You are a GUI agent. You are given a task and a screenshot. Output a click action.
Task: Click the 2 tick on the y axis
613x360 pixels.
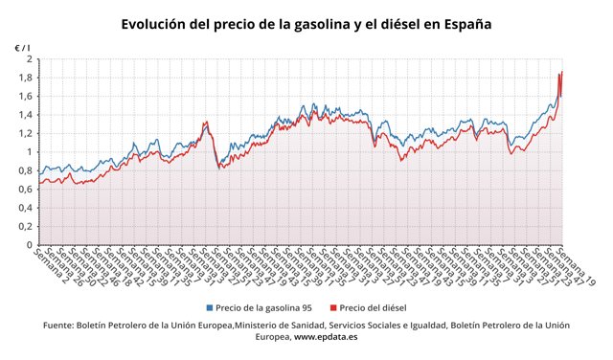29,59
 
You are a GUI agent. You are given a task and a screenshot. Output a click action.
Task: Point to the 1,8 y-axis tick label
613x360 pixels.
25,78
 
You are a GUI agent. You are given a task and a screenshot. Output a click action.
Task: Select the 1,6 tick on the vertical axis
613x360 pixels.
25,96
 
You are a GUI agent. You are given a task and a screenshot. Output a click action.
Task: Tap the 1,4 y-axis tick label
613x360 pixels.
25,115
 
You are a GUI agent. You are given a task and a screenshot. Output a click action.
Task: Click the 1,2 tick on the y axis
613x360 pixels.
25,133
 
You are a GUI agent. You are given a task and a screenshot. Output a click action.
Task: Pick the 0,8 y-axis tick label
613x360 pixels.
25,170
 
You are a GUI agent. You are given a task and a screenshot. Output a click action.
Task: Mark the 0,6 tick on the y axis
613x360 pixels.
25,189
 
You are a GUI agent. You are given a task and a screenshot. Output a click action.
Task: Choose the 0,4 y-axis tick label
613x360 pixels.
25,208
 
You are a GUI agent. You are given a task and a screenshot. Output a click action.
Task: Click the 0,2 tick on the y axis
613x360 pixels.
25,226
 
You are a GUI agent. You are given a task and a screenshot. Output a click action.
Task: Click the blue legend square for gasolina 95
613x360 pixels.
210,308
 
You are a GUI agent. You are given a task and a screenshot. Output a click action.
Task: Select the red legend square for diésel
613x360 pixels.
332,308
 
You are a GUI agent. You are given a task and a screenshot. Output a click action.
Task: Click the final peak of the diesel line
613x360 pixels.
561,72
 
